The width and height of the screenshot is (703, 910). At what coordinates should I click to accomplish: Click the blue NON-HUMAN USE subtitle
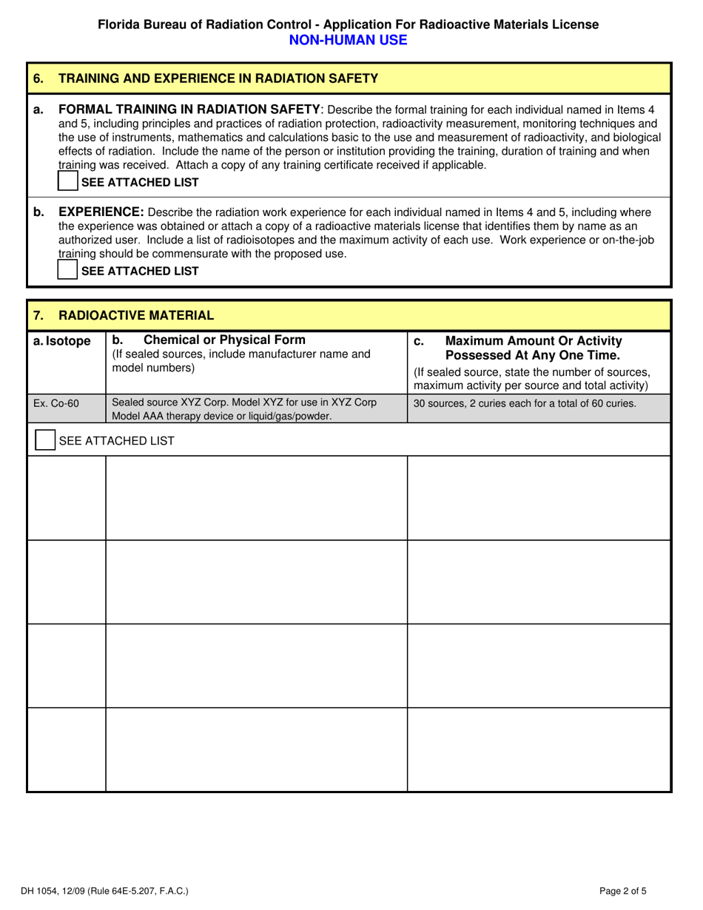[x=348, y=40]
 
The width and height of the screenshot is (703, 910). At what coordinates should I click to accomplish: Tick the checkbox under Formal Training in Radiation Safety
[x=68, y=182]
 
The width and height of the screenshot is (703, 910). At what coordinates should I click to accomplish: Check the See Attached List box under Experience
[x=68, y=270]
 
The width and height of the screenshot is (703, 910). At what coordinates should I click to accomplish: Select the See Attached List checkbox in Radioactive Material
[x=45, y=440]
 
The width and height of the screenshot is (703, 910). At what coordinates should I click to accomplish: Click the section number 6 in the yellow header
[x=38, y=78]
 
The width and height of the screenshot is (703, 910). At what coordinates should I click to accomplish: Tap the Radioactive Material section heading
[x=136, y=316]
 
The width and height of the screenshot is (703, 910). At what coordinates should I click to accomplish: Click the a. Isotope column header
[x=63, y=341]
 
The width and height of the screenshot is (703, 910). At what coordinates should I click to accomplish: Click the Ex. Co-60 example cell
[x=56, y=403]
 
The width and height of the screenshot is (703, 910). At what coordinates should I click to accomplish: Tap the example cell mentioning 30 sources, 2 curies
[x=525, y=403]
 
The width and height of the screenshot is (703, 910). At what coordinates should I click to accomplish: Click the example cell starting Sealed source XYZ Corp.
[x=243, y=409]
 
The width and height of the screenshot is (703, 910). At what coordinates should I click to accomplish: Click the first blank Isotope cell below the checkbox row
[x=67, y=498]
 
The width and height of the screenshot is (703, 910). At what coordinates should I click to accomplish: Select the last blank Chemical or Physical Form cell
[x=256, y=749]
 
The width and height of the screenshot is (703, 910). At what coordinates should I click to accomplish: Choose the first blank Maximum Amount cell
[x=539, y=498]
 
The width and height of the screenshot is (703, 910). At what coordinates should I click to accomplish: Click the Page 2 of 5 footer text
[x=627, y=892]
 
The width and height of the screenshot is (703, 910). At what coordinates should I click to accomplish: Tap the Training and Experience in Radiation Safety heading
[x=218, y=78]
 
